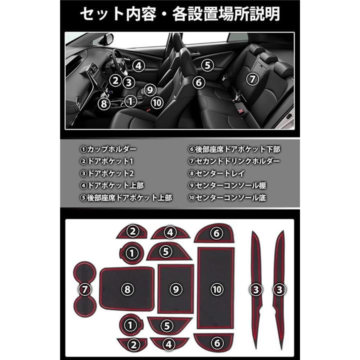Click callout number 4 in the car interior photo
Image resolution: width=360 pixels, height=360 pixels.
(x=138, y=66)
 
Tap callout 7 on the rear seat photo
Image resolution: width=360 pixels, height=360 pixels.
(x=252, y=79)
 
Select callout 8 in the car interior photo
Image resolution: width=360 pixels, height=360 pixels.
(x=104, y=103)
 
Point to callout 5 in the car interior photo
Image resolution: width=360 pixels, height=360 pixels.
(x=207, y=65)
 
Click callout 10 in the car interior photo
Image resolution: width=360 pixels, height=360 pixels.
(x=157, y=102)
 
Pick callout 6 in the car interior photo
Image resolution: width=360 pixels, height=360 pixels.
(x=199, y=82)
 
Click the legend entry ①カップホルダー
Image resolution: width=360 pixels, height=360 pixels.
(x=108, y=149)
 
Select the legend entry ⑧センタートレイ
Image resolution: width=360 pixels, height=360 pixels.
(x=216, y=173)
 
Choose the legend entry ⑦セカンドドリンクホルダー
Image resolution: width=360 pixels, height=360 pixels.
(x=234, y=161)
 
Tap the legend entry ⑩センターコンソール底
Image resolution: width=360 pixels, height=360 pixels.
(x=227, y=197)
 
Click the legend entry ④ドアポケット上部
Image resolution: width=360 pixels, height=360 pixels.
(x=112, y=185)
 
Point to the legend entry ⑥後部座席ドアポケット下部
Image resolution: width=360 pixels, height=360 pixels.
(x=234, y=149)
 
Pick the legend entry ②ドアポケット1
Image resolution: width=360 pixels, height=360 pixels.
(x=107, y=161)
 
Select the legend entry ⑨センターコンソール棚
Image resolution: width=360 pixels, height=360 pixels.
(x=227, y=185)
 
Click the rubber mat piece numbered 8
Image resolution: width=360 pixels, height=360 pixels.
(x=127, y=289)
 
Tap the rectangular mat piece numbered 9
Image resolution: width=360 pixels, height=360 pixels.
(x=176, y=289)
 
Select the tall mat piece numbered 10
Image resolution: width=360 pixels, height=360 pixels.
(x=216, y=288)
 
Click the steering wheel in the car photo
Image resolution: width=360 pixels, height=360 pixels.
(x=118, y=61)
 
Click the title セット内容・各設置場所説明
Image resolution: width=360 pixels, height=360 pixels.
(x=180, y=14)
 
